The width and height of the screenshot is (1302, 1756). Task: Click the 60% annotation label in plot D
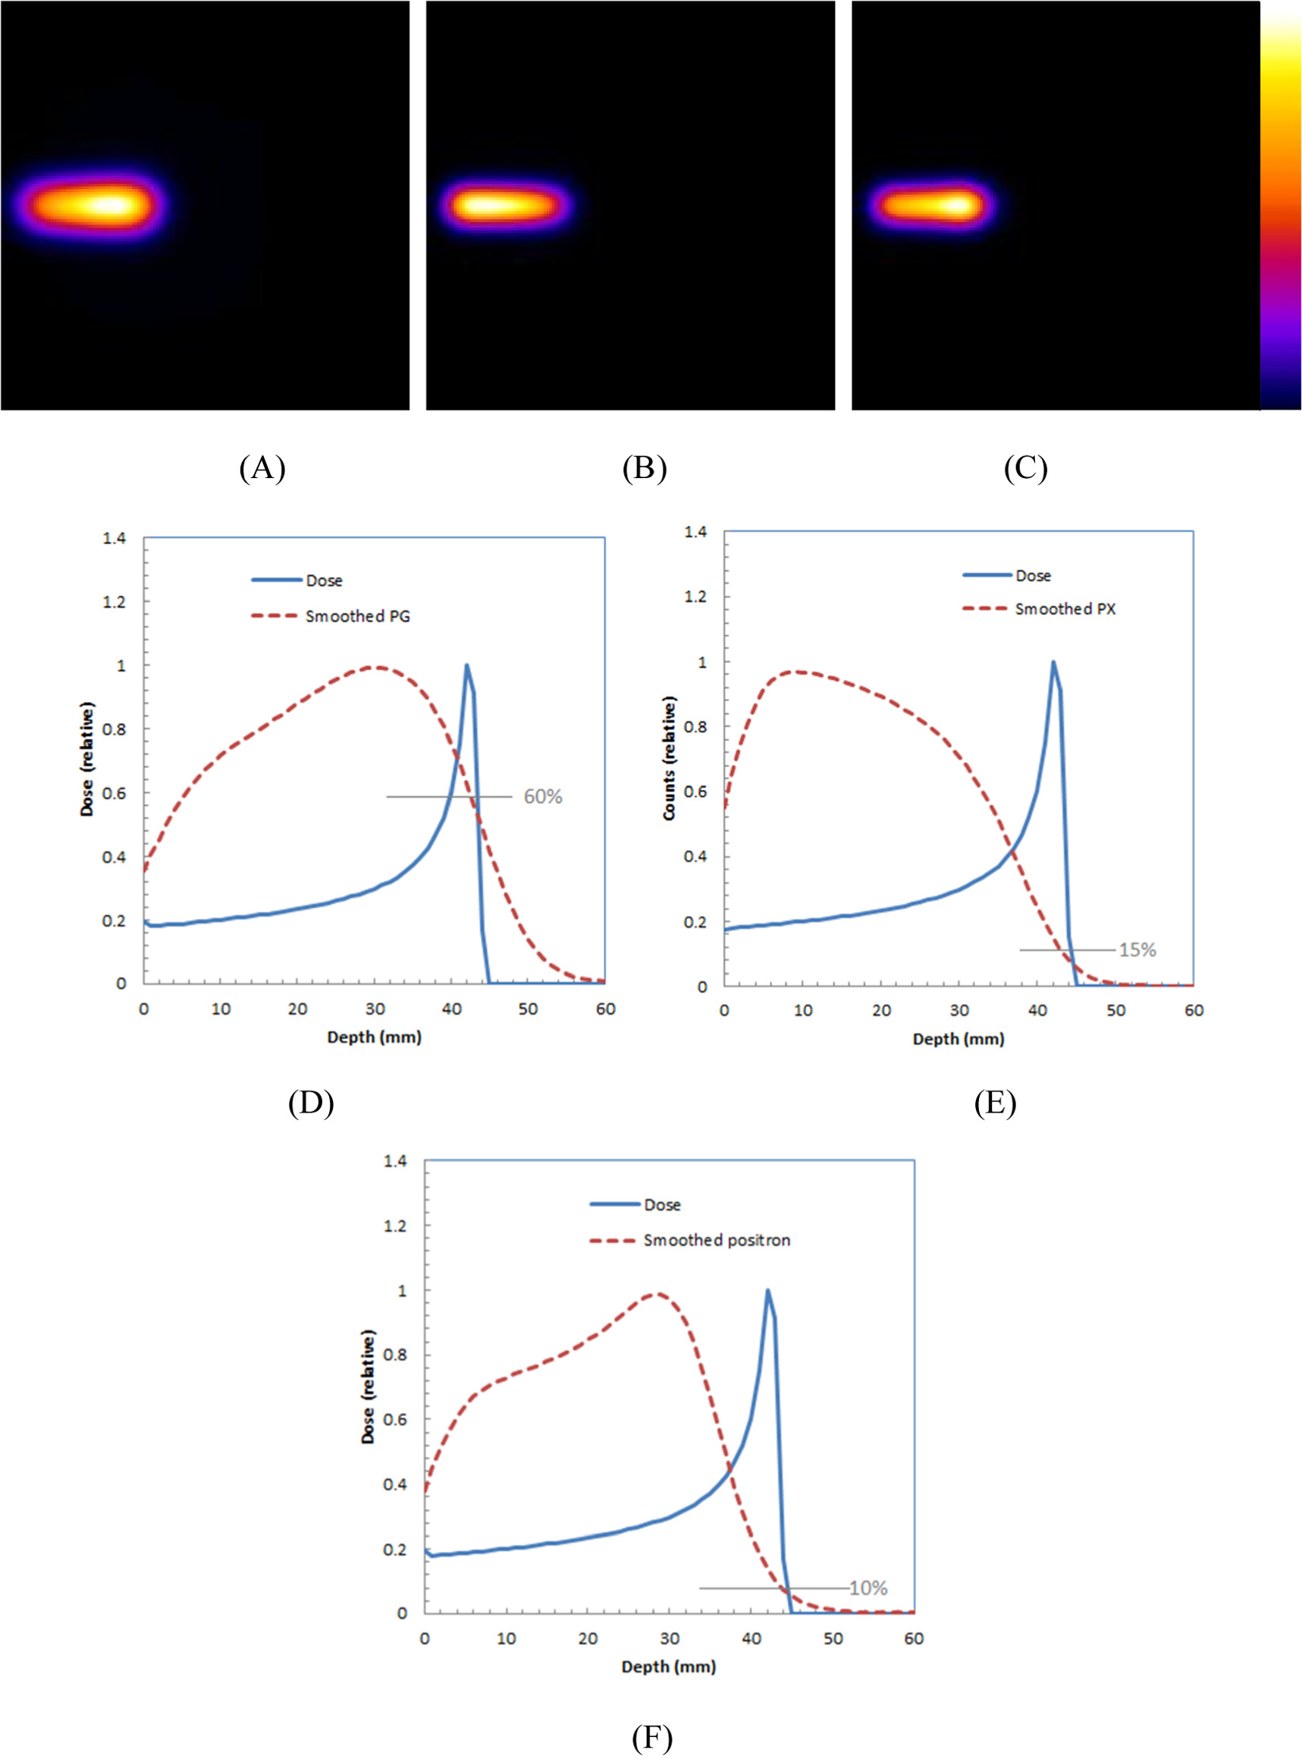[542, 796]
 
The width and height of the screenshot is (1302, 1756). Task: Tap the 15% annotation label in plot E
[1137, 950]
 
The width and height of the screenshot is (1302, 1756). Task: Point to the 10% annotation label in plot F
[867, 1588]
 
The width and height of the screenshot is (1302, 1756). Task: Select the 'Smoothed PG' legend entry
[357, 617]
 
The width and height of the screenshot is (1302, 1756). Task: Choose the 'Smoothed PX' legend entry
[1064, 609]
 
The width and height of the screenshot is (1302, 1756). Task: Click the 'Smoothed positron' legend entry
[716, 1240]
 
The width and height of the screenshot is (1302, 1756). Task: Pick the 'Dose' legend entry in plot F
[661, 1205]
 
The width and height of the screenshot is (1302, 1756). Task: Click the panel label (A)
[262, 468]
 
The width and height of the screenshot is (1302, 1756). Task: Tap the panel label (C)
[1024, 468]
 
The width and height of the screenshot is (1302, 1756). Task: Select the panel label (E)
[995, 1104]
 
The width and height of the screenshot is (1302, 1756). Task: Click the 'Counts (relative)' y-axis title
[669, 759]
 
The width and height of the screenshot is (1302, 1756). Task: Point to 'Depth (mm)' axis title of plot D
[374, 1037]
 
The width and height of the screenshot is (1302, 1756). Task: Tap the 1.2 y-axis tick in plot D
[114, 603]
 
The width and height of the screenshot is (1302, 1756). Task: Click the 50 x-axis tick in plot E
[1115, 1011]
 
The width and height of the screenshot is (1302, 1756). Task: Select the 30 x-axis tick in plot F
[669, 1638]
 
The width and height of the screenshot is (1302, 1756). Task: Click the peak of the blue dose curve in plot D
[466, 665]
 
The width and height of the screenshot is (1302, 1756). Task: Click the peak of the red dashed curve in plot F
[657, 1293]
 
